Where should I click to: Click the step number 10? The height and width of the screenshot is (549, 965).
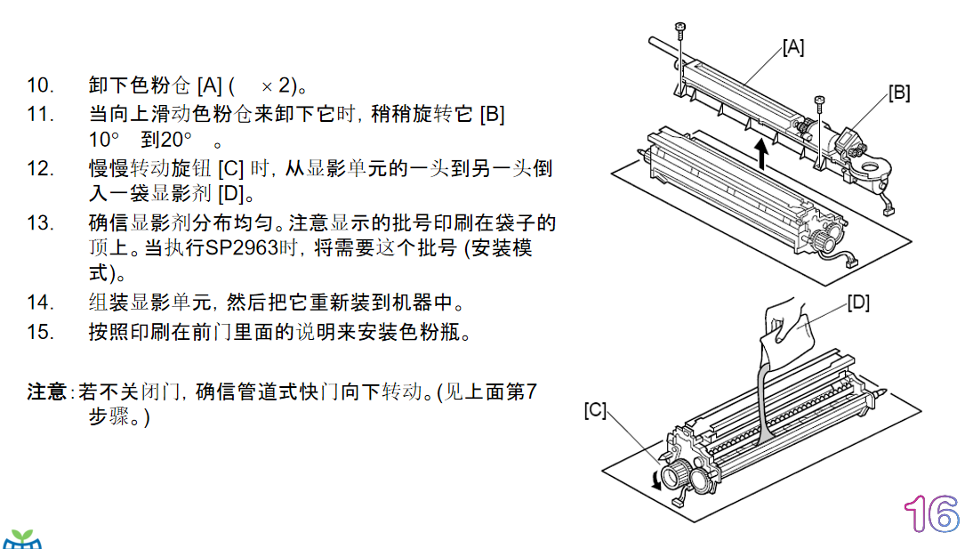pos(40,85)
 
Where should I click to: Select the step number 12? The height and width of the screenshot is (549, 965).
pos(40,169)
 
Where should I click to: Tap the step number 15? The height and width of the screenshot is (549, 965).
pos(40,333)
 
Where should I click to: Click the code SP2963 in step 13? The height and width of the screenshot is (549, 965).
pos(242,248)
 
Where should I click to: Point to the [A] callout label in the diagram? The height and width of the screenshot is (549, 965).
pos(793,47)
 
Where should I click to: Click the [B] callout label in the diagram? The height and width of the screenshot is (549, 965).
pos(899,93)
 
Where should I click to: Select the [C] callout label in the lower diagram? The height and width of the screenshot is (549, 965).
pos(595,410)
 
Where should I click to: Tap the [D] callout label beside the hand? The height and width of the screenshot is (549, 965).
pos(858,303)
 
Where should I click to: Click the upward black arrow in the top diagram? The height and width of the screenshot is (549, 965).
pos(762,154)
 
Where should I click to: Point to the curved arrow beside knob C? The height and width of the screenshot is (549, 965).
pos(656,481)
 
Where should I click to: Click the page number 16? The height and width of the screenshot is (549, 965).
pos(932,514)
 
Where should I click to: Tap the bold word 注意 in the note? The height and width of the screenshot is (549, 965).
pos(47,392)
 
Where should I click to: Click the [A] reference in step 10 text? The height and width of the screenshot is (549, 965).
pos(209,85)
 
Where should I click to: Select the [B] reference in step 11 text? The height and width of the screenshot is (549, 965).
pos(493,115)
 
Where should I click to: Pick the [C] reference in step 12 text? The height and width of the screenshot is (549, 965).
pos(231,169)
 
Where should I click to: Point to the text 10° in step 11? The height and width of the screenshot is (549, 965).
pos(104,140)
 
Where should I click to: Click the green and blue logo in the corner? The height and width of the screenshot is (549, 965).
pos(22,539)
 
